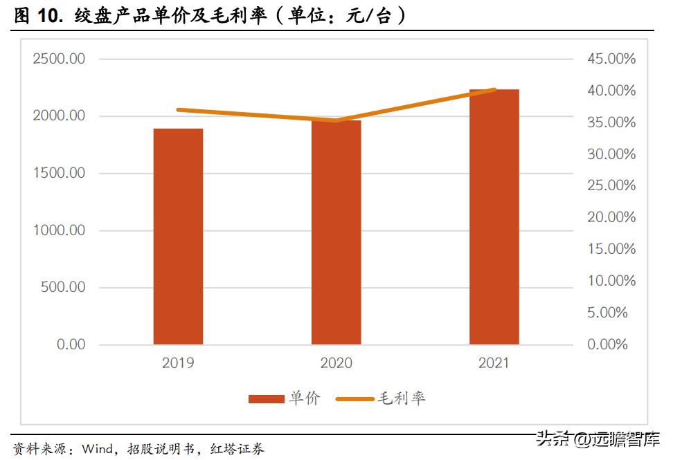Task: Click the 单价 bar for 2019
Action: pyautogui.click(x=178, y=237)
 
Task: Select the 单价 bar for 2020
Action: pyautogui.click(x=336, y=232)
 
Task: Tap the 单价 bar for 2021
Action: pyautogui.click(x=494, y=217)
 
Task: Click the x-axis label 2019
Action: pyautogui.click(x=178, y=363)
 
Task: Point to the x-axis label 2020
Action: pyautogui.click(x=336, y=363)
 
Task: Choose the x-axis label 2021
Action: pyautogui.click(x=494, y=363)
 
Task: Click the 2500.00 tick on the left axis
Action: pyautogui.click(x=59, y=59)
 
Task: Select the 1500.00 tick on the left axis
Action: pyautogui.click(x=59, y=173)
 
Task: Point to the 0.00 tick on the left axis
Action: pyautogui.click(x=71, y=344)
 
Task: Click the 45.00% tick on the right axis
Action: pyautogui.click(x=611, y=59)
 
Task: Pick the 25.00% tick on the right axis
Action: pyautogui.click(x=611, y=185)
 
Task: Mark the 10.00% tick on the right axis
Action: pyautogui.click(x=611, y=281)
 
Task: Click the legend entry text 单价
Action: pyautogui.click(x=305, y=398)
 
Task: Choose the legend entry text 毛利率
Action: pyautogui.click(x=402, y=398)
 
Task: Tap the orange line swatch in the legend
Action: pyautogui.click(x=354, y=399)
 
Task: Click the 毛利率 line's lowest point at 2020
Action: pyautogui.click(x=336, y=120)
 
